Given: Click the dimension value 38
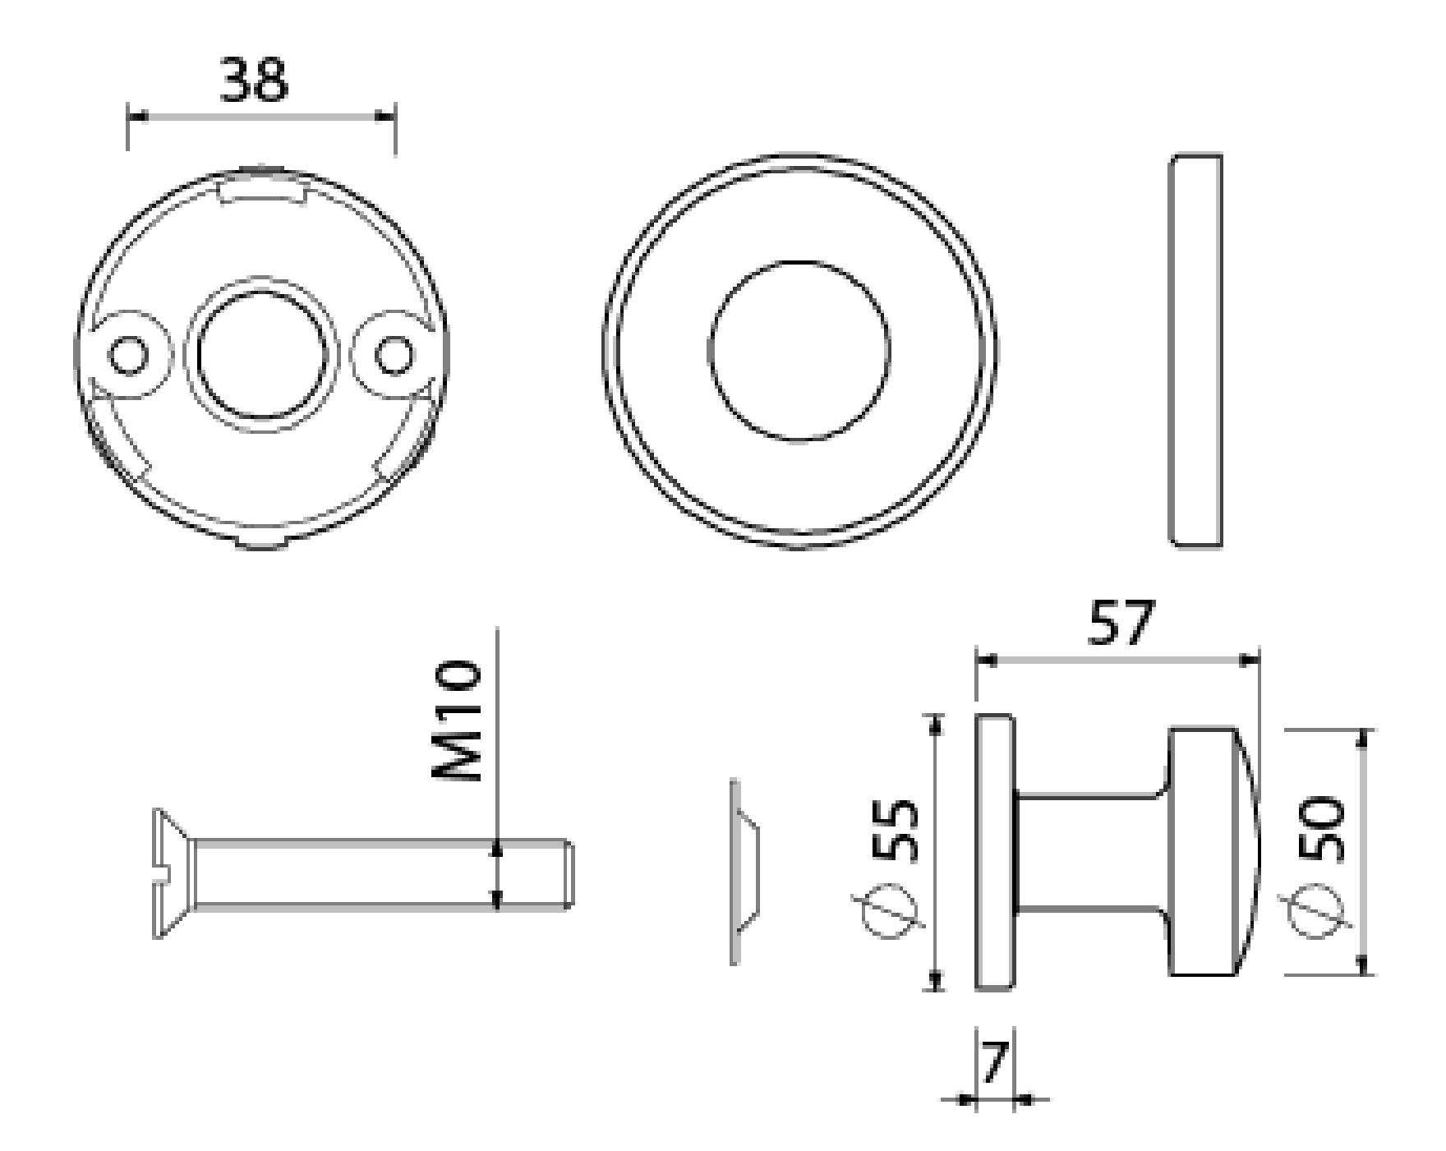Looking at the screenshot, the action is (x=254, y=81).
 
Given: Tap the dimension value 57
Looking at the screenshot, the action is (x=1120, y=623).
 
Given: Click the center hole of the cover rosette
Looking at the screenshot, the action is (x=799, y=351).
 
